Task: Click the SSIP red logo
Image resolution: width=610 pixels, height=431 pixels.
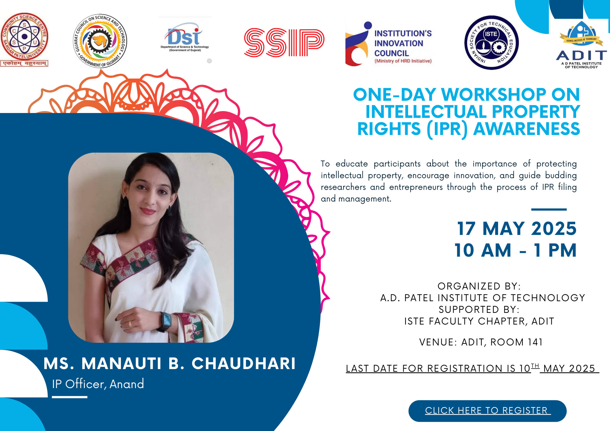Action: [284, 43]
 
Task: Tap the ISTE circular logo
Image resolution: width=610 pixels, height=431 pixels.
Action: [491, 42]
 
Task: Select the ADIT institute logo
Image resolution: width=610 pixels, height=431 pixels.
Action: [581, 45]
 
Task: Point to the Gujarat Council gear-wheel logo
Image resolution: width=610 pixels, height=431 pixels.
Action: [100, 41]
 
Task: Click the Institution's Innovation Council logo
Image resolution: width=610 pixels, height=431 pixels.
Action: [389, 45]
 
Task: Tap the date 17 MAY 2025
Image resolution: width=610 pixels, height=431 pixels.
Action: [517, 229]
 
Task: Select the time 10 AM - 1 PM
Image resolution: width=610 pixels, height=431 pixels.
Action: [515, 250]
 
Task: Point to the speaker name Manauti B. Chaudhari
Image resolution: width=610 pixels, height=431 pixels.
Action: [170, 363]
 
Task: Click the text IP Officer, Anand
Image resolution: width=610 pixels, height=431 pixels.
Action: [98, 384]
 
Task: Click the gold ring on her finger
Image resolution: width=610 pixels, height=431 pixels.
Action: [130, 324]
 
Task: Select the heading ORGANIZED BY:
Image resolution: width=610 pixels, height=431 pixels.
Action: [479, 286]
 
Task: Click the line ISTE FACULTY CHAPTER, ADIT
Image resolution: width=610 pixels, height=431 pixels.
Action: [479, 321]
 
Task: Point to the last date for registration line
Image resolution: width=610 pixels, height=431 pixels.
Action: [472, 369]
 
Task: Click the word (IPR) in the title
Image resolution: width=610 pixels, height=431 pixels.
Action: [447, 129]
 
